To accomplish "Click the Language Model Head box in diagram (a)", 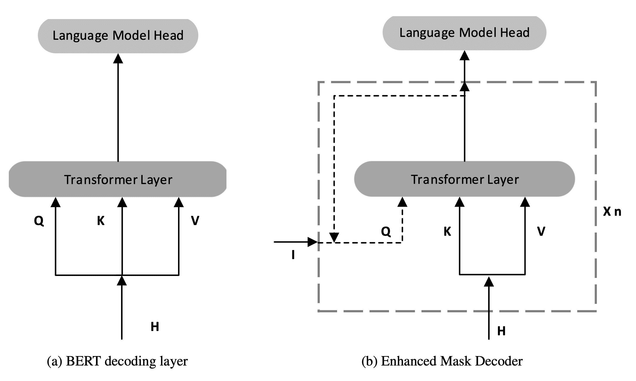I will (118, 36).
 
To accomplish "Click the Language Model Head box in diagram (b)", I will (464, 33).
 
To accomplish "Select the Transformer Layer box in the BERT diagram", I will (118, 179).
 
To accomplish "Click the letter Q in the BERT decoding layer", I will (39, 221).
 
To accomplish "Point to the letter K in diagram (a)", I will (101, 221).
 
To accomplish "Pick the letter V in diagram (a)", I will (195, 221).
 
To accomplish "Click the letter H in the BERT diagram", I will (155, 326).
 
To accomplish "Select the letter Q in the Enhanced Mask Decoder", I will (386, 231).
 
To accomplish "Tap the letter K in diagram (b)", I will (447, 231).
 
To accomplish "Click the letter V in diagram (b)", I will (541, 231).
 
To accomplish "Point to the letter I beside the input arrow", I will (293, 255).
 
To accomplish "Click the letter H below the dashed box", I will (501, 331).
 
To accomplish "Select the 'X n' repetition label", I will (612, 211).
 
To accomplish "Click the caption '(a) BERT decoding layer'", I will (117, 361).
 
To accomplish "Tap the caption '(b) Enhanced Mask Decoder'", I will (442, 361).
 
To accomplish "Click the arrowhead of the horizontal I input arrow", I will (313, 242).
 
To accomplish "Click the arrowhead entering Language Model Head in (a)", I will (118, 59).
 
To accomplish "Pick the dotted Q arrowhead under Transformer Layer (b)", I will (402, 202).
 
